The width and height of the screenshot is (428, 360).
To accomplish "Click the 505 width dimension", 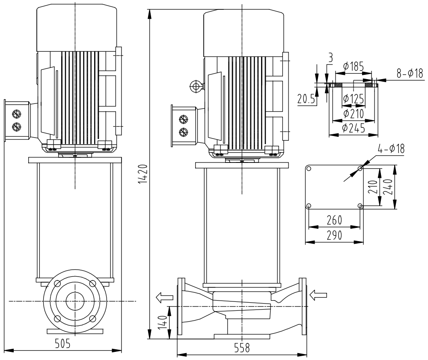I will tap(63, 343).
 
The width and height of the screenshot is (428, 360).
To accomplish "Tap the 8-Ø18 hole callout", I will tap(409, 74).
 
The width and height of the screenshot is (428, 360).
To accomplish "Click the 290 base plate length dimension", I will tap(334, 236).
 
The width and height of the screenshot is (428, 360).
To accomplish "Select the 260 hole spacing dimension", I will tap(334, 221).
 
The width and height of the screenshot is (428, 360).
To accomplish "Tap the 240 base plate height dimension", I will tap(387, 187).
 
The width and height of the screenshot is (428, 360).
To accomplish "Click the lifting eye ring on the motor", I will tap(196, 87).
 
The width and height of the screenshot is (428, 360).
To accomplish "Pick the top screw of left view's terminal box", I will tap(16, 114).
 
